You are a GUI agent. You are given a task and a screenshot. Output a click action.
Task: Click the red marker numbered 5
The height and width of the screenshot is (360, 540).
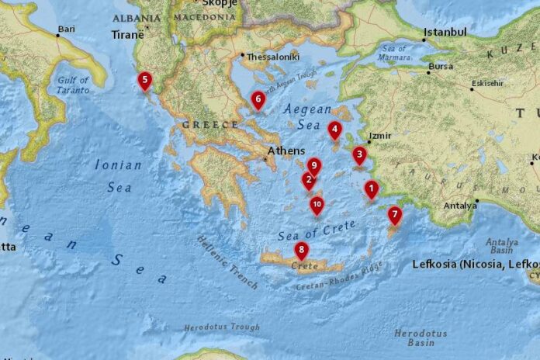pyautogui.click(x=144, y=80)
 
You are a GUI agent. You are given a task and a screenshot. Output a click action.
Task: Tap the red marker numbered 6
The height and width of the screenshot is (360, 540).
pyautogui.click(x=258, y=99)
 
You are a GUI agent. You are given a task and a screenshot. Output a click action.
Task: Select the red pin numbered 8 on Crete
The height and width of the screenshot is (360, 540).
pyautogui.click(x=301, y=250)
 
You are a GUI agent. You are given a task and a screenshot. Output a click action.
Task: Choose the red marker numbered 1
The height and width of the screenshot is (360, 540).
pyautogui.click(x=371, y=188)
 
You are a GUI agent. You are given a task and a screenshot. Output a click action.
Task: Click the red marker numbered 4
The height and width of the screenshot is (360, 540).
pyautogui.click(x=334, y=130)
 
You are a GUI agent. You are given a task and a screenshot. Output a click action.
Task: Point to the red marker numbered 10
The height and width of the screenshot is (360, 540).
pyautogui.click(x=317, y=205)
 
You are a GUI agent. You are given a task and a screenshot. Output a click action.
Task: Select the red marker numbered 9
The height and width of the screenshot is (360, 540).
pyautogui.click(x=313, y=166)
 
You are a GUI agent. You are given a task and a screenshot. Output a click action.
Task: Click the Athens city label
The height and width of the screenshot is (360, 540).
pyautogui.click(x=281, y=151)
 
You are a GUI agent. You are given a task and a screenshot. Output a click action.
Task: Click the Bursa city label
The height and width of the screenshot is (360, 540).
pyautogui.click(x=441, y=67)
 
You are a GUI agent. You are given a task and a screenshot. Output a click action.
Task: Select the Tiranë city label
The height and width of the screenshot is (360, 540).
pyautogui.click(x=127, y=35)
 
